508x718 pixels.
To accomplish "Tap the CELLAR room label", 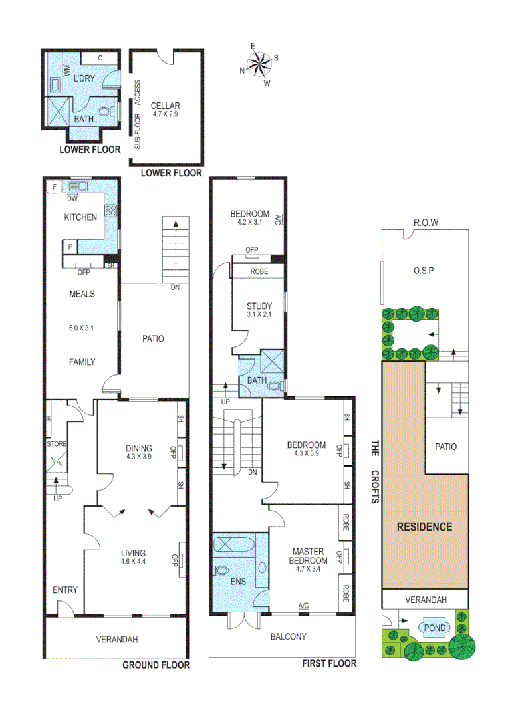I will [165, 106].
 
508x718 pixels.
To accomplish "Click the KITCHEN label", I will [80, 217].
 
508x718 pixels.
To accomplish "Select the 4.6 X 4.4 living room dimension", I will [133, 562].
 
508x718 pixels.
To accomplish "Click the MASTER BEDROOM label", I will [307, 556].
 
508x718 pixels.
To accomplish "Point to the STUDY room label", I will [259, 306].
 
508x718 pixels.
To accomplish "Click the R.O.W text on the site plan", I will [425, 223].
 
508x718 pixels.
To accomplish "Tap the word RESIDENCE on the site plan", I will [424, 527].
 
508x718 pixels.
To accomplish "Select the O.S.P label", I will [424, 271].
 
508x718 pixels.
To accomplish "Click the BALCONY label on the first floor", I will [289, 636].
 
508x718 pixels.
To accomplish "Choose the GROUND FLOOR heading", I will [157, 665].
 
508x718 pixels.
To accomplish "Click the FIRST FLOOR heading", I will [329, 663].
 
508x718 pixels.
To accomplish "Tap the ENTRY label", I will [65, 590].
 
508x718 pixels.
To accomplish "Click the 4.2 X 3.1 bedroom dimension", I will [250, 223].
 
